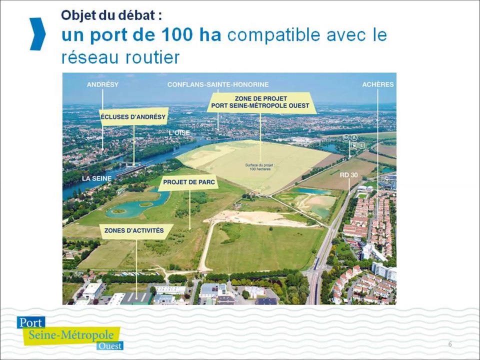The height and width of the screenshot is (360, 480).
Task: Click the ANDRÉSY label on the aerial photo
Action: (102, 84)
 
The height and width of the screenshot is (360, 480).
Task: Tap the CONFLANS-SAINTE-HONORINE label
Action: (217, 84)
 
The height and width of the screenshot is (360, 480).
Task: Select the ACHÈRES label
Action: (377, 84)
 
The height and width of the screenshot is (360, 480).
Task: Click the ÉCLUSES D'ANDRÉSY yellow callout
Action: (133, 117)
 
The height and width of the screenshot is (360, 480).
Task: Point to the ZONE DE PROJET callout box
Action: (261, 102)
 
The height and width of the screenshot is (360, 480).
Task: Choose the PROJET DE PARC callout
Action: (189, 182)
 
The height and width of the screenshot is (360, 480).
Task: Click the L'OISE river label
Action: (179, 132)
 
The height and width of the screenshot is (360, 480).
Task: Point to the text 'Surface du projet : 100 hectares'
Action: (259, 166)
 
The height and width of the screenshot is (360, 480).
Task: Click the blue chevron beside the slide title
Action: (37, 34)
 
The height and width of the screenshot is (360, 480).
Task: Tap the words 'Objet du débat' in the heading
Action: (111, 15)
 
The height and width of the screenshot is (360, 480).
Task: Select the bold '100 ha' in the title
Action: (192, 35)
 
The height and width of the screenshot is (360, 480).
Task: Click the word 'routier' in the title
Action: (156, 57)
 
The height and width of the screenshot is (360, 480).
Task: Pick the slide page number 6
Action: (450, 344)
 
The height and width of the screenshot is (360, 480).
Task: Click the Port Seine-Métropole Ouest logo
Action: (69, 332)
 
